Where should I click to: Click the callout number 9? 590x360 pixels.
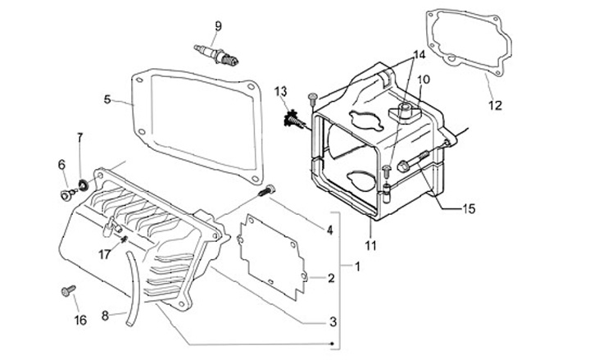click(218, 25)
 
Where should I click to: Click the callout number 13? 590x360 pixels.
click(280, 90)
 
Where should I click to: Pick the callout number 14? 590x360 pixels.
click(419, 55)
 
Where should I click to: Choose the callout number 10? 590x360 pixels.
click(424, 80)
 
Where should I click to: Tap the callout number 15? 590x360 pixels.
click(468, 209)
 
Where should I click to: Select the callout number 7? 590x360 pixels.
click(80, 136)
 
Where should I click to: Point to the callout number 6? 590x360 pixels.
click(61, 165)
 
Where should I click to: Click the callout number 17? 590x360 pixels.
click(103, 254)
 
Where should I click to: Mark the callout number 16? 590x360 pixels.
click(79, 319)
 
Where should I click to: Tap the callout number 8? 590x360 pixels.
click(105, 314)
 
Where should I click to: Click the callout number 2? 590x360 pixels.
click(330, 278)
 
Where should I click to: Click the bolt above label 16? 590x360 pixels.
click(67, 289)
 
